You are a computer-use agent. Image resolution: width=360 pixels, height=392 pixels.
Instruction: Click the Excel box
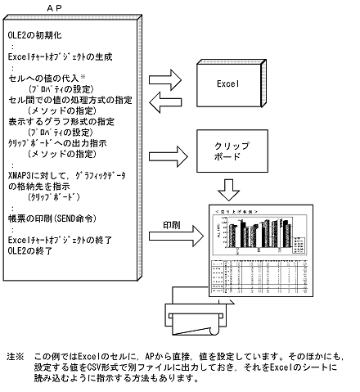pos(231,83)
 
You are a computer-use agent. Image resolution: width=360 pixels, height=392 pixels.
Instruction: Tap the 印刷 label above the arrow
pos(171,223)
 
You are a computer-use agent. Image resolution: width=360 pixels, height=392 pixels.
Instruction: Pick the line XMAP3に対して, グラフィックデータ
pos(70,175)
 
